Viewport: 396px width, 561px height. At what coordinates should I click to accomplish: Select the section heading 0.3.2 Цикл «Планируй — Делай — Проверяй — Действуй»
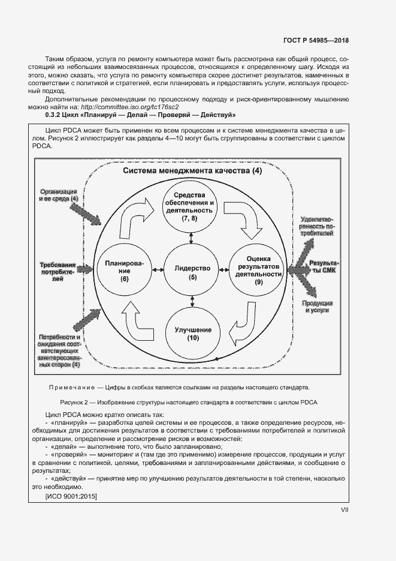[x=140, y=115]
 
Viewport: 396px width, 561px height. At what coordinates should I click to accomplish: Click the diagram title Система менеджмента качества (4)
[x=192, y=171]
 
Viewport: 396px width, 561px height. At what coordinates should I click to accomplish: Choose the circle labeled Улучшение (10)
[x=192, y=334]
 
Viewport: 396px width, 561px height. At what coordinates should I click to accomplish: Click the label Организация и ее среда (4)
[x=58, y=194]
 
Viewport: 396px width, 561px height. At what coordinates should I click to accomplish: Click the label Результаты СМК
[x=324, y=267]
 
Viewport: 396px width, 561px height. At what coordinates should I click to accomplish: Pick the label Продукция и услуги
[x=319, y=307]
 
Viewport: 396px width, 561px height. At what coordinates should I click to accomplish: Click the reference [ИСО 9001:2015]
[x=71, y=496]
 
